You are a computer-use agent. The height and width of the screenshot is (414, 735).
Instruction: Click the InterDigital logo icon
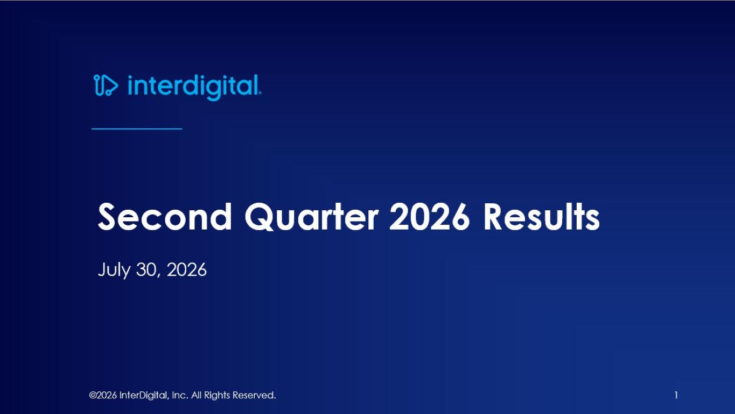[x=106, y=85]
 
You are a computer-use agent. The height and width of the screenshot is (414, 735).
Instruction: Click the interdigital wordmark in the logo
[x=194, y=87]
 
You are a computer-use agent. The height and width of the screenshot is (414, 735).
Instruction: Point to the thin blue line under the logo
[x=137, y=129]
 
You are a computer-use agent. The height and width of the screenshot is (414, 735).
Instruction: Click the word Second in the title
[x=165, y=217]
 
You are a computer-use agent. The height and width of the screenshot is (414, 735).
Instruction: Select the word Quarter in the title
[x=312, y=217]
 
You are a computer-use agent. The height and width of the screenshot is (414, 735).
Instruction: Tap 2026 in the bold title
[x=429, y=216]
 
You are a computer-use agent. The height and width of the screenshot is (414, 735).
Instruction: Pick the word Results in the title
[x=542, y=216]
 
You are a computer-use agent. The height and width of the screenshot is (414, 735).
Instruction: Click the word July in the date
[x=114, y=271]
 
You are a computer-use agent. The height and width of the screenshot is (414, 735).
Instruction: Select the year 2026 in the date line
[x=187, y=270]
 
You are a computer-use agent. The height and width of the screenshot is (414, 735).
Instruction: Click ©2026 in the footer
[x=103, y=395]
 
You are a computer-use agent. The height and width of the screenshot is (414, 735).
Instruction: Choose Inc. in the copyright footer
[x=180, y=395]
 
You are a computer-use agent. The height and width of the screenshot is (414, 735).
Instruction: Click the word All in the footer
[x=196, y=395]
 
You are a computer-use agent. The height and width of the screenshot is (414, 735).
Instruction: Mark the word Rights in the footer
[x=217, y=396]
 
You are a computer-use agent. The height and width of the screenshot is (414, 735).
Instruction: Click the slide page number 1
[x=676, y=395]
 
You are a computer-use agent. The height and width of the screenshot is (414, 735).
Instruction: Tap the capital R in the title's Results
[x=492, y=217]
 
